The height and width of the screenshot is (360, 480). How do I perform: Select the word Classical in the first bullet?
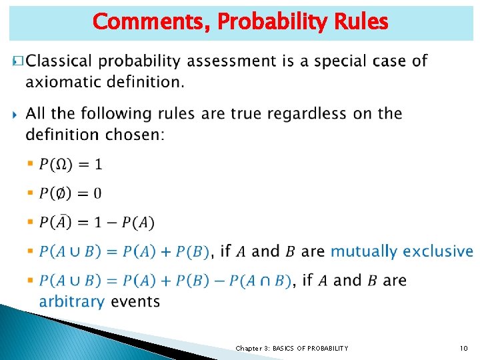(61, 61)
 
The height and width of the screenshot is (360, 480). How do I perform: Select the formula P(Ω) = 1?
(71, 164)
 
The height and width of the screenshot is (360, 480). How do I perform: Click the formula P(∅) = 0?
(71, 193)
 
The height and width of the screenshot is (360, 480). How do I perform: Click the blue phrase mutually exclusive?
(401, 251)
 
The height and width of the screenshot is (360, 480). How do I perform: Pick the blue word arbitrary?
(72, 301)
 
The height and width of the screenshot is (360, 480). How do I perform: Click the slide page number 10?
(463, 349)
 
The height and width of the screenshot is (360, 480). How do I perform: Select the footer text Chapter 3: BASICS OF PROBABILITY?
(291, 349)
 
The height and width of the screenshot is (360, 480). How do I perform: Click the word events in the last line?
(135, 301)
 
